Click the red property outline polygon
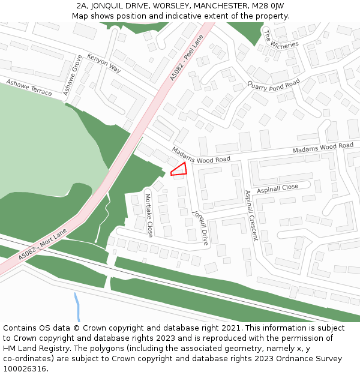(179, 170)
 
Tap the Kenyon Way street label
(104, 63)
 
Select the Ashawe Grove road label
(73, 75)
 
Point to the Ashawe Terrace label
(29, 87)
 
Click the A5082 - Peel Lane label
(187, 58)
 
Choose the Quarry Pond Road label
(274, 85)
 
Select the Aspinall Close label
(278, 188)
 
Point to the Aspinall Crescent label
(251, 215)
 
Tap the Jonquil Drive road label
(200, 227)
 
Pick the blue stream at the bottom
(77, 307)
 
